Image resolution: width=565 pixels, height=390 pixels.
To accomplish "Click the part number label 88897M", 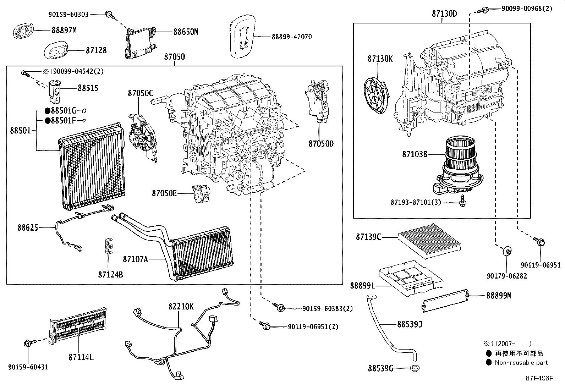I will [64, 30].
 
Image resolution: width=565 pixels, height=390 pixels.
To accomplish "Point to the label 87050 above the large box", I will [174, 57].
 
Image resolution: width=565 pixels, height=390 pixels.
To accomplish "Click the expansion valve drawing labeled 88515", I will [56, 91].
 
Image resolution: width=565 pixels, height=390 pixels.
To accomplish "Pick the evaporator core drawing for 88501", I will [91, 167].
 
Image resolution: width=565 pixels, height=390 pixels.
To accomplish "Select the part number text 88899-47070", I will [292, 37].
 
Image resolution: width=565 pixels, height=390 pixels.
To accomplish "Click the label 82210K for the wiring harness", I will [181, 307].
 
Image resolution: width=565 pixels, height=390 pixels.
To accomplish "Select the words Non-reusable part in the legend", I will [521, 362].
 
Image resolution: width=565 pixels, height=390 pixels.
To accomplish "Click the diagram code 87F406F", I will [539, 378].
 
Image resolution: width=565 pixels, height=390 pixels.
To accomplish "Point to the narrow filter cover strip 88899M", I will [445, 302].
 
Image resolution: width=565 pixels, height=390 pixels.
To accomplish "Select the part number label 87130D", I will [444, 14].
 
